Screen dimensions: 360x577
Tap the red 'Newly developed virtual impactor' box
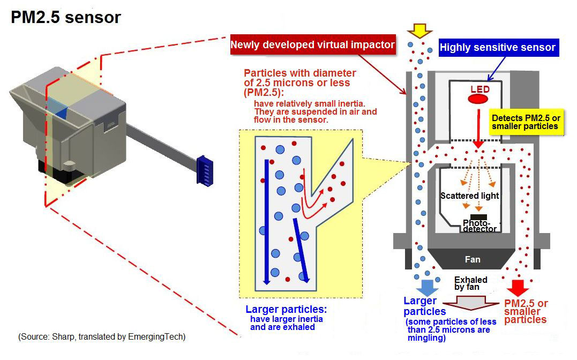click(313, 44)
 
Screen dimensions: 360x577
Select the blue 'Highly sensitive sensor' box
click(497, 48)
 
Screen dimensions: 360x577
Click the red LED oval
click(479, 100)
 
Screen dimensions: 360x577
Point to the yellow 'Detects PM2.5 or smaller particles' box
click(524, 122)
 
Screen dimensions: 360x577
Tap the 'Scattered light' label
click(469, 196)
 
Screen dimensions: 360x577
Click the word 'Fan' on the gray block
click(472, 259)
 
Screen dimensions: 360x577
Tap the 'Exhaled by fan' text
click(470, 283)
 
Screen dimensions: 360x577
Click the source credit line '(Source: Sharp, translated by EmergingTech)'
click(102, 336)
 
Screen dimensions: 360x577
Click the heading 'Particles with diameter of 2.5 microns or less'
click(300, 82)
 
